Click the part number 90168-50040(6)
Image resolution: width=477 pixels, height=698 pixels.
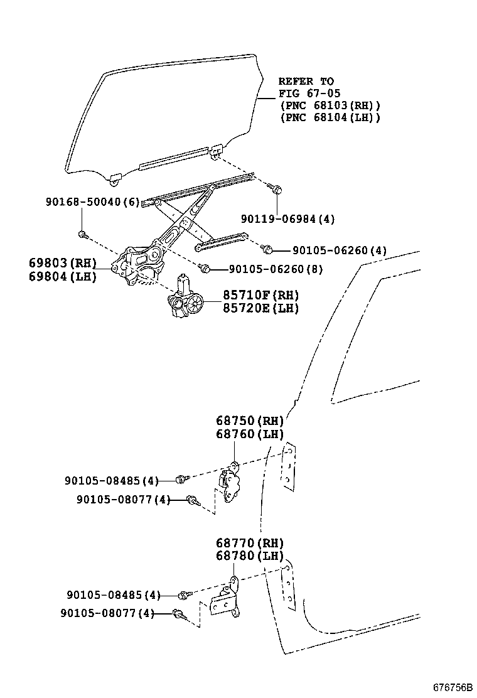point(92,202)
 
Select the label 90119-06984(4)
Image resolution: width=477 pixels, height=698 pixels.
point(288,219)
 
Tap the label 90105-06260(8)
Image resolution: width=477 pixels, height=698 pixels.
point(276,269)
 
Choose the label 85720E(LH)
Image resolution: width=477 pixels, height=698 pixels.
point(260,308)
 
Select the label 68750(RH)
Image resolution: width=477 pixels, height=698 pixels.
point(250,421)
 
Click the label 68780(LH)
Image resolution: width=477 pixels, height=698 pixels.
point(250,556)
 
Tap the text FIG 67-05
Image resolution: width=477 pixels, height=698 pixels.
point(309,94)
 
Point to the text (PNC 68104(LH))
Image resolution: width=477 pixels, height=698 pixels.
point(330,117)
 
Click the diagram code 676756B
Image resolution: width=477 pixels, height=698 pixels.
point(452,687)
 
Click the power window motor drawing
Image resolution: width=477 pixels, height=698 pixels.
point(188,301)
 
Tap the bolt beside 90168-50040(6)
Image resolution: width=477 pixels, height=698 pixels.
point(82,235)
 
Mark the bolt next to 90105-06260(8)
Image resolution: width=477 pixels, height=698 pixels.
point(204,269)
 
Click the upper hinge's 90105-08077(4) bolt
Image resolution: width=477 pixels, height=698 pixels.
point(193,500)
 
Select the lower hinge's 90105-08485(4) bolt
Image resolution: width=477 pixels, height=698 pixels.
point(182,594)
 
